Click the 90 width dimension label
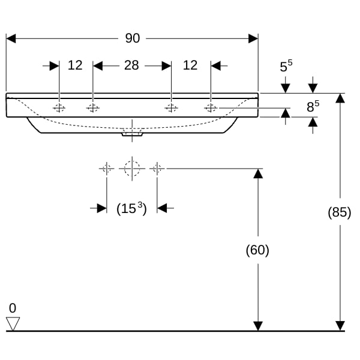click(133, 38)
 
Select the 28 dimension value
click(131, 65)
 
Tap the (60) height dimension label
click(257, 250)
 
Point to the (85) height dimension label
click(340, 212)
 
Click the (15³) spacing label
click(131, 208)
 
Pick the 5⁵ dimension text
click(286, 66)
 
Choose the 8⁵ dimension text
click(313, 106)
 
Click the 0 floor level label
click(13, 308)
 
